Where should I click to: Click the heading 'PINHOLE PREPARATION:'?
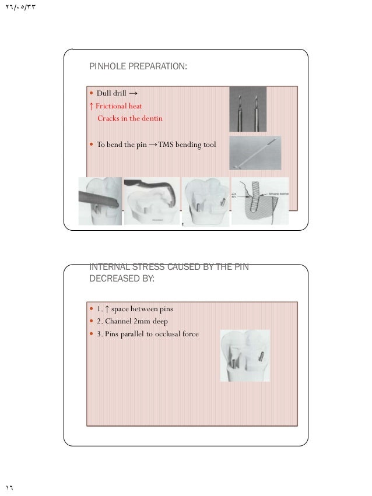tap(138, 67)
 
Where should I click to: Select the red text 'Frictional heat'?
tap(119, 105)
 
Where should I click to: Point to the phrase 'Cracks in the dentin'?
tap(130, 118)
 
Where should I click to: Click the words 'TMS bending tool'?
tap(187, 145)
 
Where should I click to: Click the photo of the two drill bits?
tap(247, 109)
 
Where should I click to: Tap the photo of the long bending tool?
tap(255, 153)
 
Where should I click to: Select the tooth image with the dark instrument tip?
tap(100, 201)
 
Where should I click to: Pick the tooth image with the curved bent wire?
tap(152, 201)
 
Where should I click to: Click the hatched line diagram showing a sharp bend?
tap(259, 201)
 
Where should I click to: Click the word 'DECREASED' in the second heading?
tap(113, 279)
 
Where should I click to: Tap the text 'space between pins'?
tap(142, 308)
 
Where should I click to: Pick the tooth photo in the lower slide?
tap(245, 356)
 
